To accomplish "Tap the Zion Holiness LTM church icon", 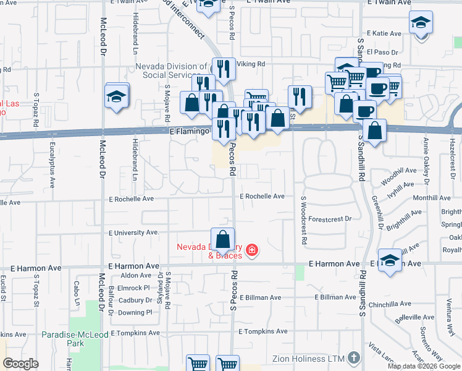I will click(x=353, y=357).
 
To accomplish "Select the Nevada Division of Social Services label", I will click(x=172, y=70).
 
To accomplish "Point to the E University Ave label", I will click(x=134, y=233).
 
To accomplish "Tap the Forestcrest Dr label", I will click(x=330, y=219).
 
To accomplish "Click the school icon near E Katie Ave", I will click(x=421, y=23).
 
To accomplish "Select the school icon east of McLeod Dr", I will click(x=116, y=96).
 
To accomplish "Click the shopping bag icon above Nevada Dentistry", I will click(x=222, y=239).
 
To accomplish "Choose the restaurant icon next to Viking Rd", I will click(x=224, y=69).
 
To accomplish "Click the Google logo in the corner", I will click(x=21, y=364).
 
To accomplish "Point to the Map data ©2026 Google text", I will click(x=424, y=366).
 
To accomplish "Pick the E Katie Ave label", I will click(x=385, y=33).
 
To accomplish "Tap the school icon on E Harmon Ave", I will click(x=390, y=261).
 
